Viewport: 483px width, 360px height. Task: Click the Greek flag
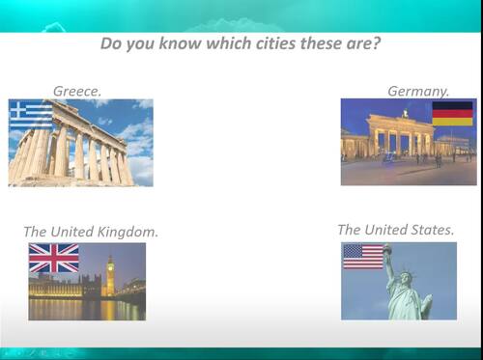tap(31, 115)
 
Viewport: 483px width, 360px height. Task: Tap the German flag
tap(452, 113)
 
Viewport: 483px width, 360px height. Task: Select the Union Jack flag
tap(53, 258)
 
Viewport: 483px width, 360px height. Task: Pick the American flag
tap(363, 256)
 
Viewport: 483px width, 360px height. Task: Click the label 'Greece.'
tap(77, 91)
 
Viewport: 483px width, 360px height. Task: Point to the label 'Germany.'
tap(418, 91)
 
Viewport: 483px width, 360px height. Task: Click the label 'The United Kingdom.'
tap(91, 232)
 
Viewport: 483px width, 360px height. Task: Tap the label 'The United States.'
tap(395, 230)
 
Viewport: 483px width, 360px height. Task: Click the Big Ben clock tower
tap(110, 274)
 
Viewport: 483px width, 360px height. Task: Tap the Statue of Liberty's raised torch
tap(386, 249)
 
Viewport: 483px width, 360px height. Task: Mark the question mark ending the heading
tap(376, 44)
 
